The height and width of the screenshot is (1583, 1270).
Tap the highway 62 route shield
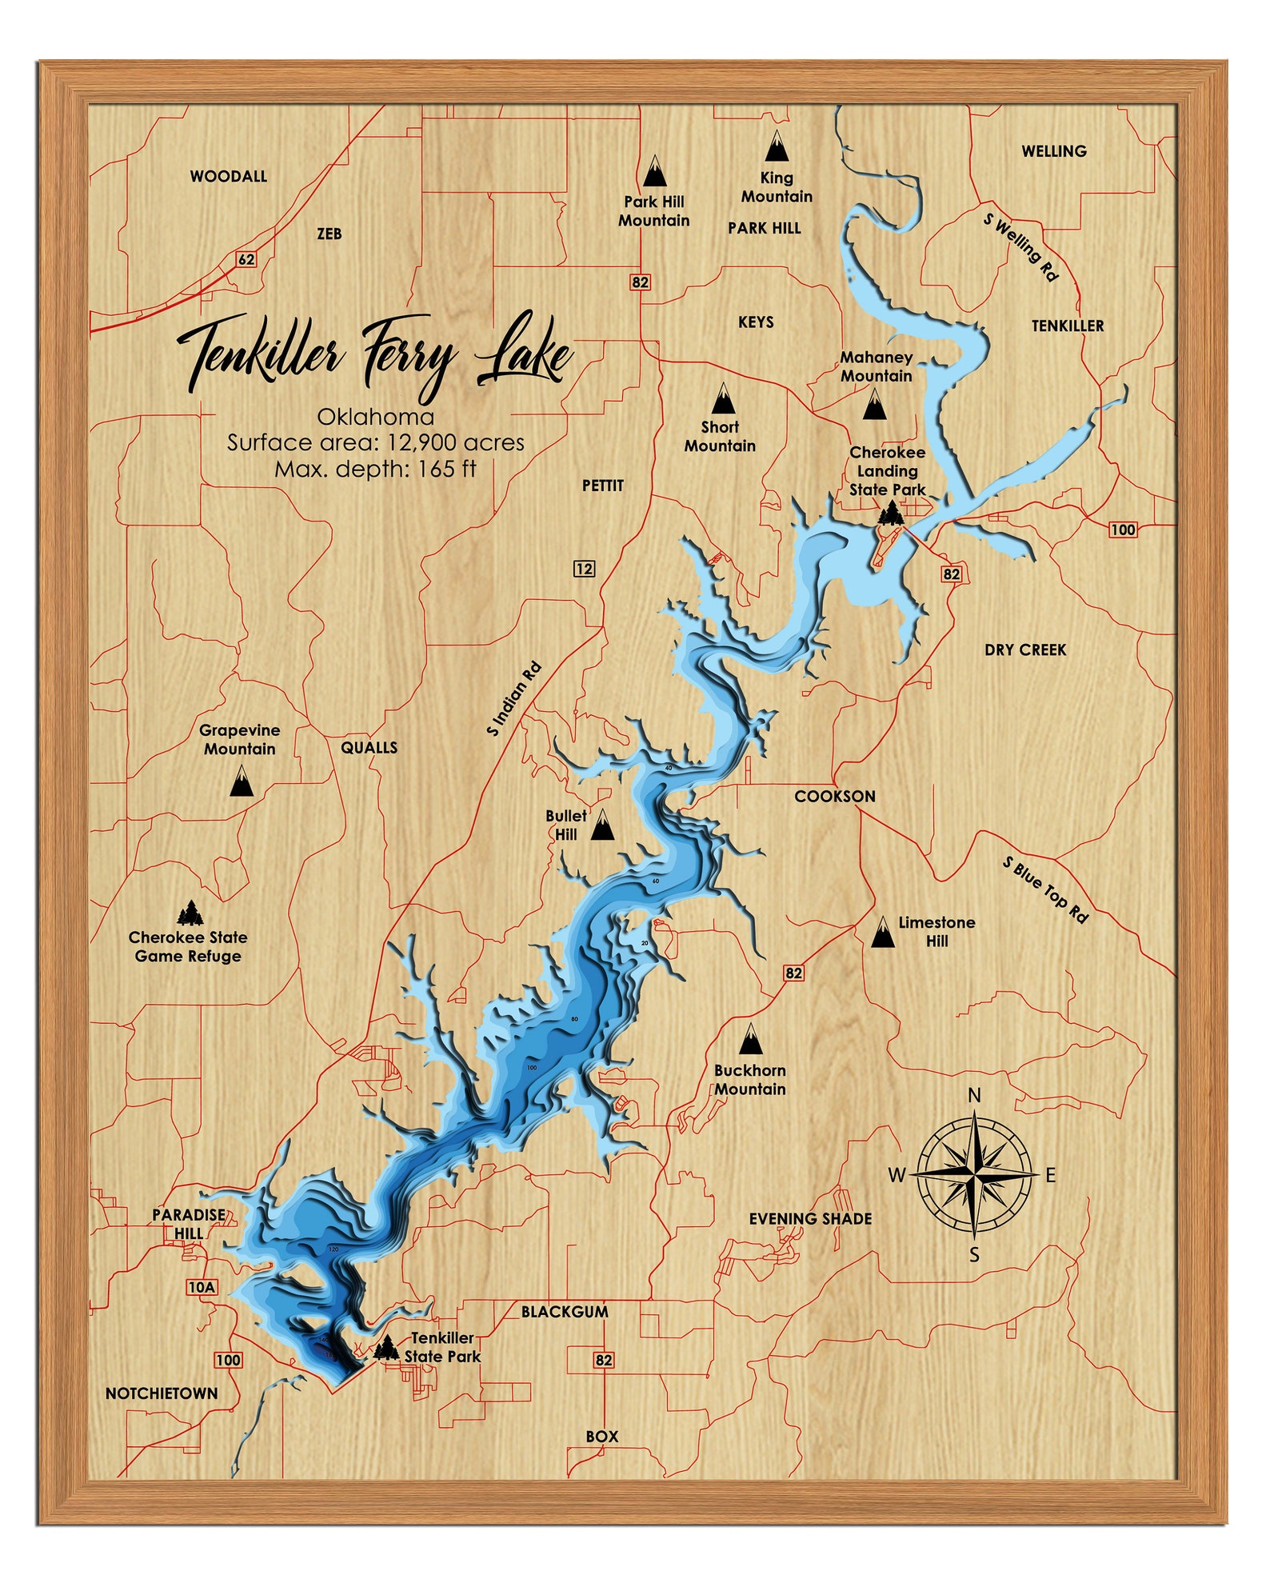click(246, 259)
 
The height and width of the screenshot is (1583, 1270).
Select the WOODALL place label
click(228, 176)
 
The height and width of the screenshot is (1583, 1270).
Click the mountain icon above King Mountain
click(776, 147)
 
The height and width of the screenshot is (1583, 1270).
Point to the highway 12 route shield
click(585, 569)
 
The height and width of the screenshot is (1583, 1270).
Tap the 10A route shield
click(202, 1287)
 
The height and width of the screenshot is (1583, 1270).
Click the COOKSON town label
click(834, 796)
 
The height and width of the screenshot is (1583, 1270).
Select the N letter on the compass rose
click(974, 1095)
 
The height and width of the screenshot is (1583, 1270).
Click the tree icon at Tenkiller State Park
click(386, 1348)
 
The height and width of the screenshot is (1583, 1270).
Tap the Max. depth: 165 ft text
click(375, 469)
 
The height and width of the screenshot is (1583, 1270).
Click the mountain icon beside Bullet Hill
click(602, 825)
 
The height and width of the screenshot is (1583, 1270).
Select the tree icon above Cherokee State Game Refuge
click(190, 912)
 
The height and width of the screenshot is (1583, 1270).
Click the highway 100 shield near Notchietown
click(228, 1360)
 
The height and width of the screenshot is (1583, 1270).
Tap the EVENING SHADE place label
click(809, 1218)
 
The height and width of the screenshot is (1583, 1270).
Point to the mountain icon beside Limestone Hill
click(883, 932)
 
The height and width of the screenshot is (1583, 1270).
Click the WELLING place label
click(1053, 151)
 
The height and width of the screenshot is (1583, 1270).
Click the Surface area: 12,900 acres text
click(375, 442)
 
